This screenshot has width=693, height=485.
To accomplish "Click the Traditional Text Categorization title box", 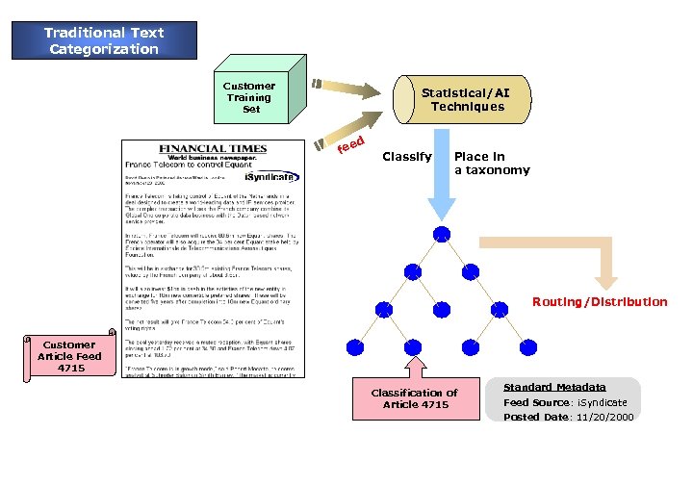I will (104, 39).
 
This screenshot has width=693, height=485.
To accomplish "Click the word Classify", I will (406, 156).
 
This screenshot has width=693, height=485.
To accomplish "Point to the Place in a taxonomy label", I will (491, 163).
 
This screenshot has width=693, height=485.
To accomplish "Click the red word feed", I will (350, 145).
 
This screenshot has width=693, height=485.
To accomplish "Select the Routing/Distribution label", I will (599, 302).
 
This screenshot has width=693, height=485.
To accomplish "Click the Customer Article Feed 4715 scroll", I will (70, 355).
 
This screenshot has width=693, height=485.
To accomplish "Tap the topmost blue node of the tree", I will (441, 234).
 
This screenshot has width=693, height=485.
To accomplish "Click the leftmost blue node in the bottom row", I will (356, 345).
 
